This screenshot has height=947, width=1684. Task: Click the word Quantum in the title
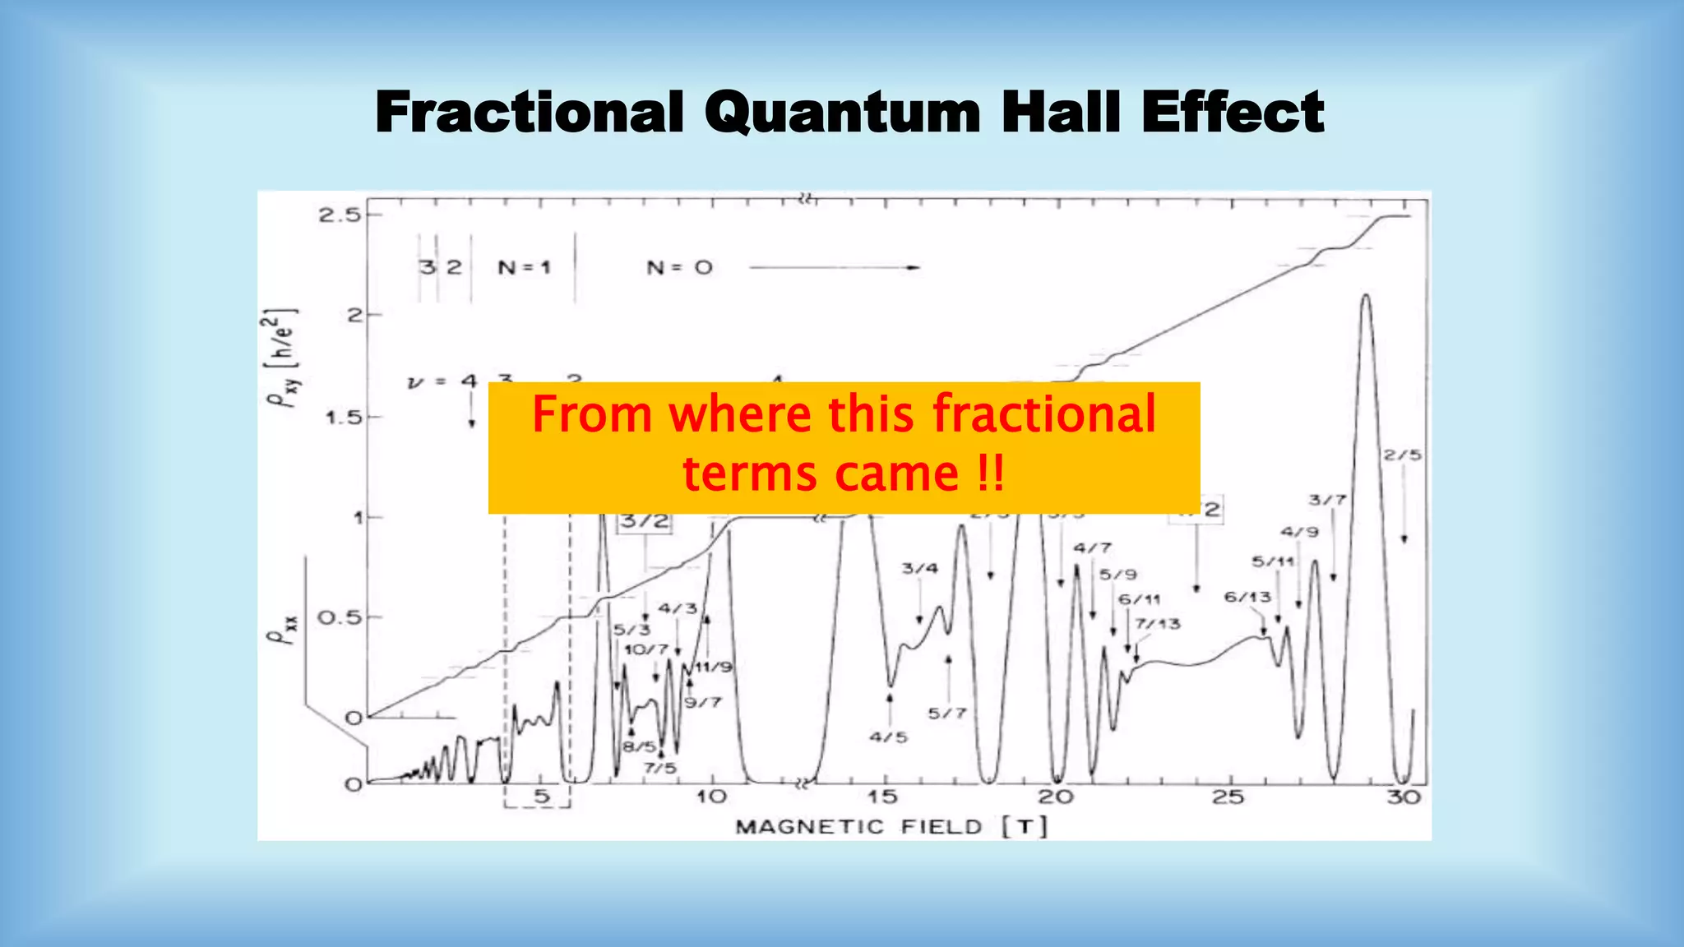click(x=842, y=113)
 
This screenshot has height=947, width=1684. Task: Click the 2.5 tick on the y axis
click(x=340, y=215)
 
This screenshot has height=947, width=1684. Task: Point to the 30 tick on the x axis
click(x=1404, y=797)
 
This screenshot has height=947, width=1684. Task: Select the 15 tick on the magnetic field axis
click(x=882, y=797)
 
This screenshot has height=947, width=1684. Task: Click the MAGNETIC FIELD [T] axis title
click(x=891, y=827)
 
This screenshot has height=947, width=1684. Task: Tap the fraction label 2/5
click(x=1402, y=455)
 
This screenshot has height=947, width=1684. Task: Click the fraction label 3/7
click(x=1327, y=500)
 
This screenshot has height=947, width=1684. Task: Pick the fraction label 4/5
click(x=888, y=737)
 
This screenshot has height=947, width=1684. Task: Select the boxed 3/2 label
click(x=645, y=521)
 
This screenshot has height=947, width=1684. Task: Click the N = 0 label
click(x=679, y=268)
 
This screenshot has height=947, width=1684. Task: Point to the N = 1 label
click(x=524, y=268)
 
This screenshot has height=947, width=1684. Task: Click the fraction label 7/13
click(x=1158, y=624)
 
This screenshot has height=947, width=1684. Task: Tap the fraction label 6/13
click(x=1247, y=597)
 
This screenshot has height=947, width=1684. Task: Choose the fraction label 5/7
click(x=947, y=714)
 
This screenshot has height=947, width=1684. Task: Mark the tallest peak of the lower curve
click(x=1366, y=296)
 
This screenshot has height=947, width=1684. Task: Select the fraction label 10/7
click(x=646, y=649)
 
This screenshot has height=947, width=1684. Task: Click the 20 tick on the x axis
click(x=1055, y=797)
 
